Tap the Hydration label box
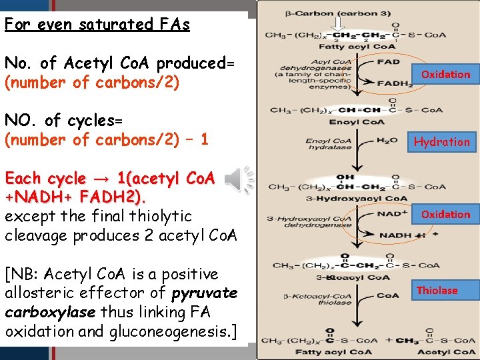point(442,141)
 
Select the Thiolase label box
point(437,290)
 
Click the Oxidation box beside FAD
point(445,74)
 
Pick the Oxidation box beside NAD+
point(445,214)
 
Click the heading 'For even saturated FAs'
point(97,25)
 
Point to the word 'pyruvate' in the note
point(205,293)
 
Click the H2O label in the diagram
point(387,140)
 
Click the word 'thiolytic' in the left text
point(161,216)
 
